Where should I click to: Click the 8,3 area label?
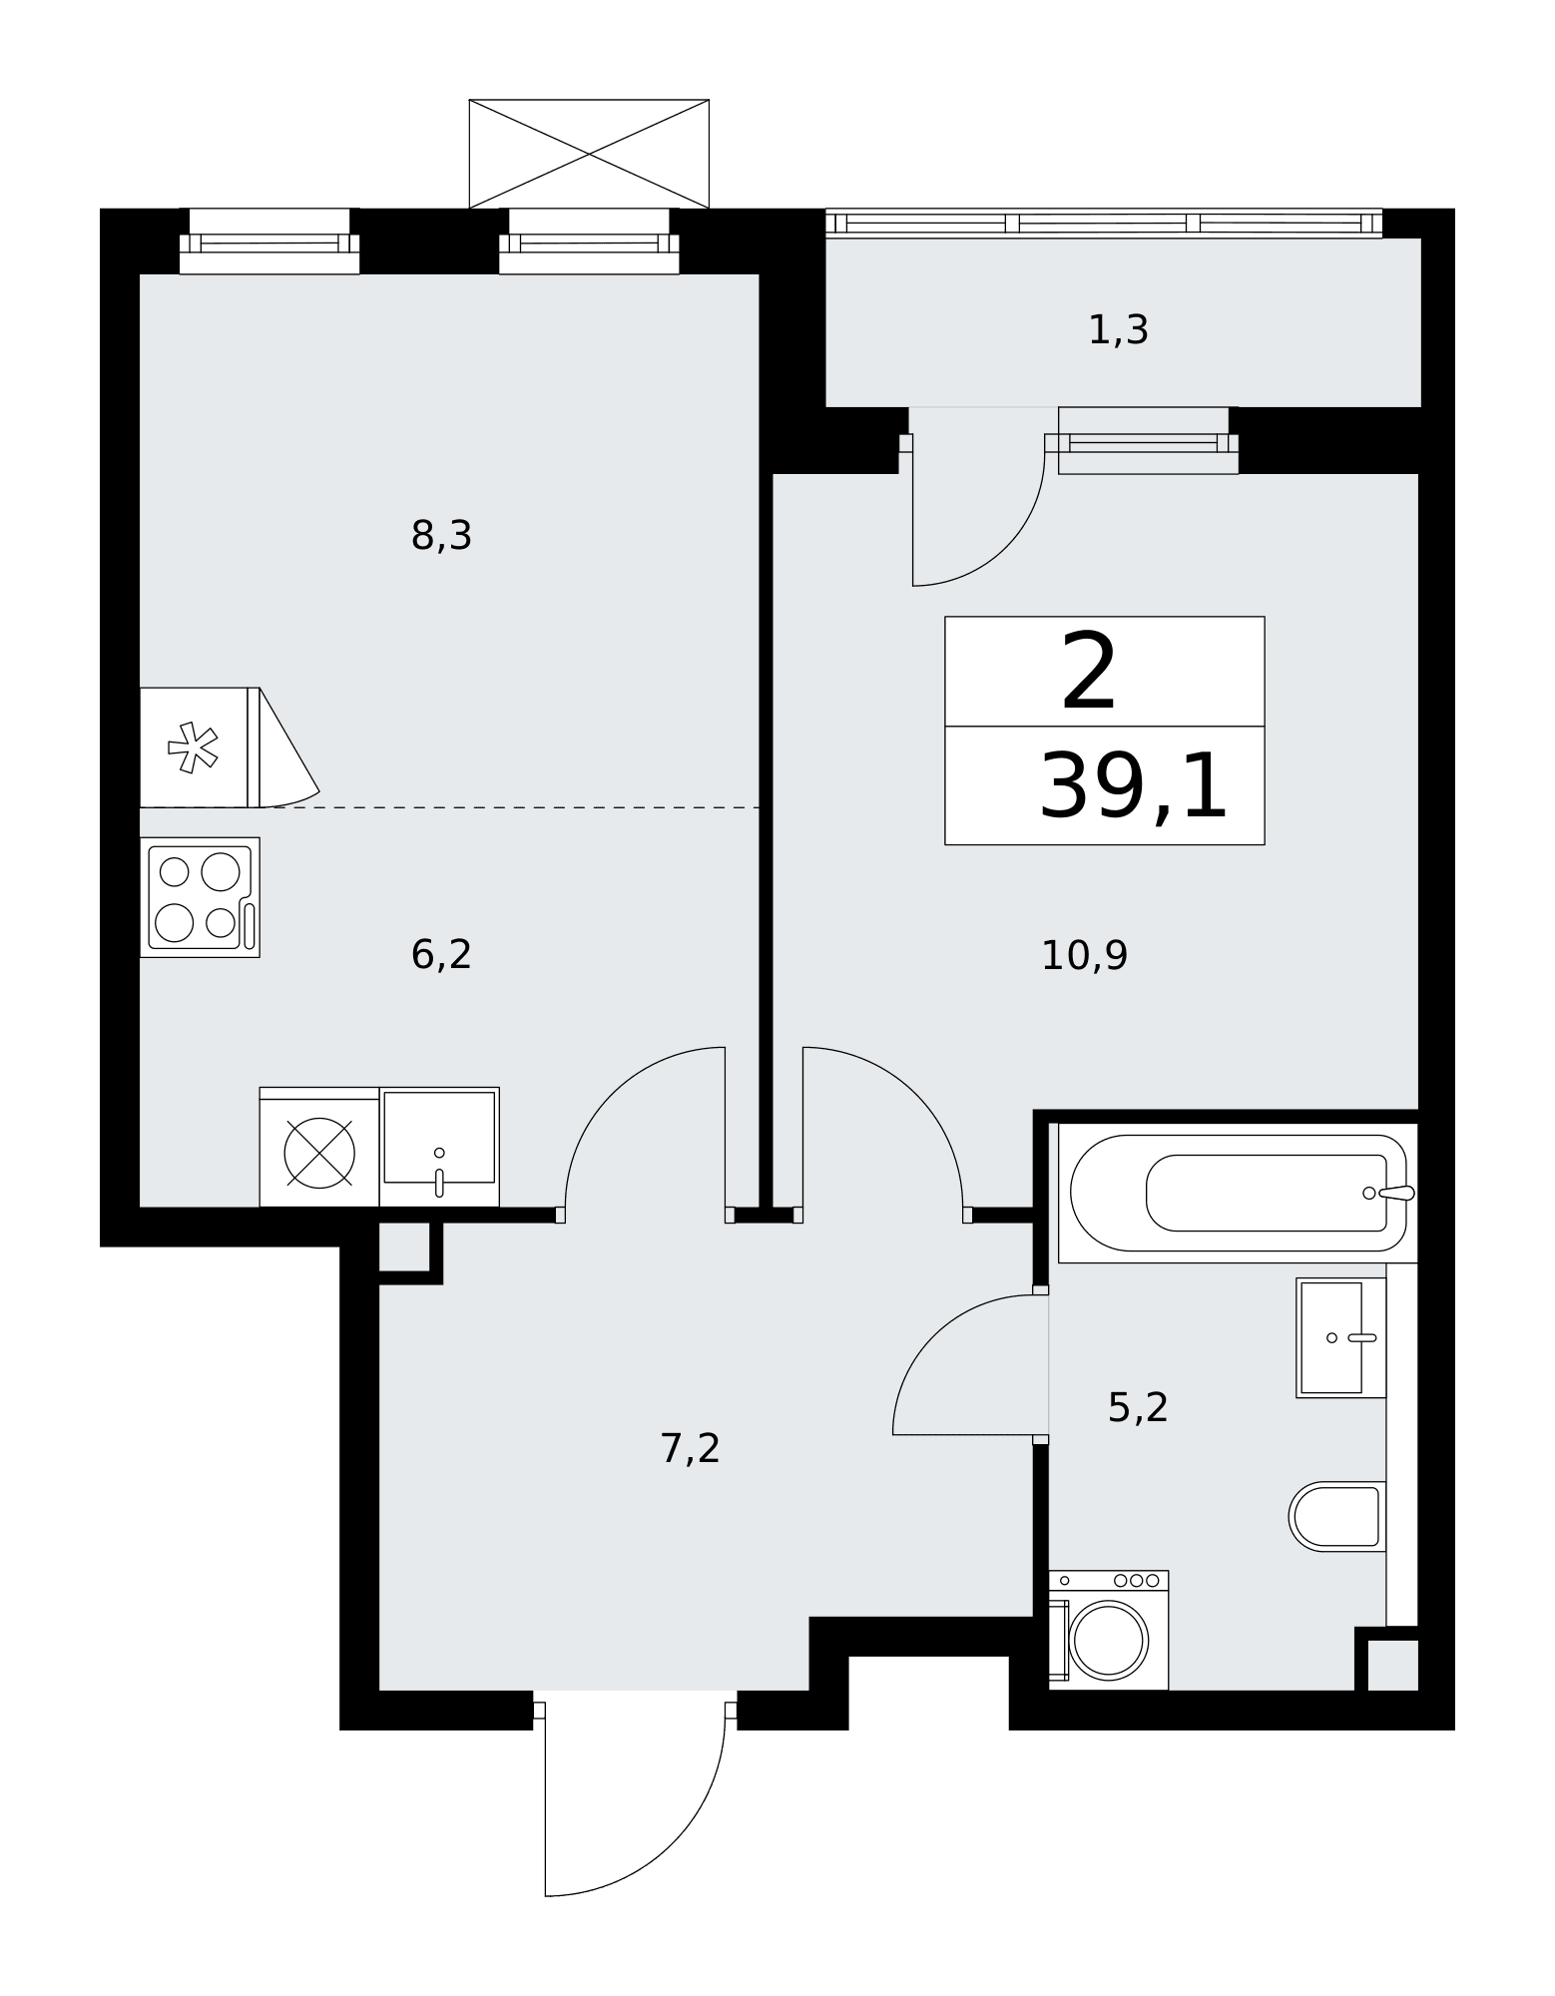(441, 537)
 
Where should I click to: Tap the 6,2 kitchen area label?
(441, 955)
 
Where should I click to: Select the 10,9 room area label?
(1084, 956)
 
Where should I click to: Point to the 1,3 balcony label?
(1118, 330)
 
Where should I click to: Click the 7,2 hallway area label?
(690, 1448)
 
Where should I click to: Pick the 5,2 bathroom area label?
(1138, 1407)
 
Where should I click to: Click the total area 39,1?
(1133, 786)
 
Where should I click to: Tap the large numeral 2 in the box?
(1088, 674)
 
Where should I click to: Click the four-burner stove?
(200, 897)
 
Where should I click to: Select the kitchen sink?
(439, 1147)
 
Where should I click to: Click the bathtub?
(1238, 1193)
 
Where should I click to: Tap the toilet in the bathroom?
(1337, 1516)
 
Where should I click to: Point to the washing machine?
(1108, 1631)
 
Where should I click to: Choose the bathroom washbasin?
(1341, 1337)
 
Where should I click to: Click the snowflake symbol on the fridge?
(193, 748)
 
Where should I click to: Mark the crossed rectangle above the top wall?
(589, 154)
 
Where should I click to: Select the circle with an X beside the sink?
(319, 1153)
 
